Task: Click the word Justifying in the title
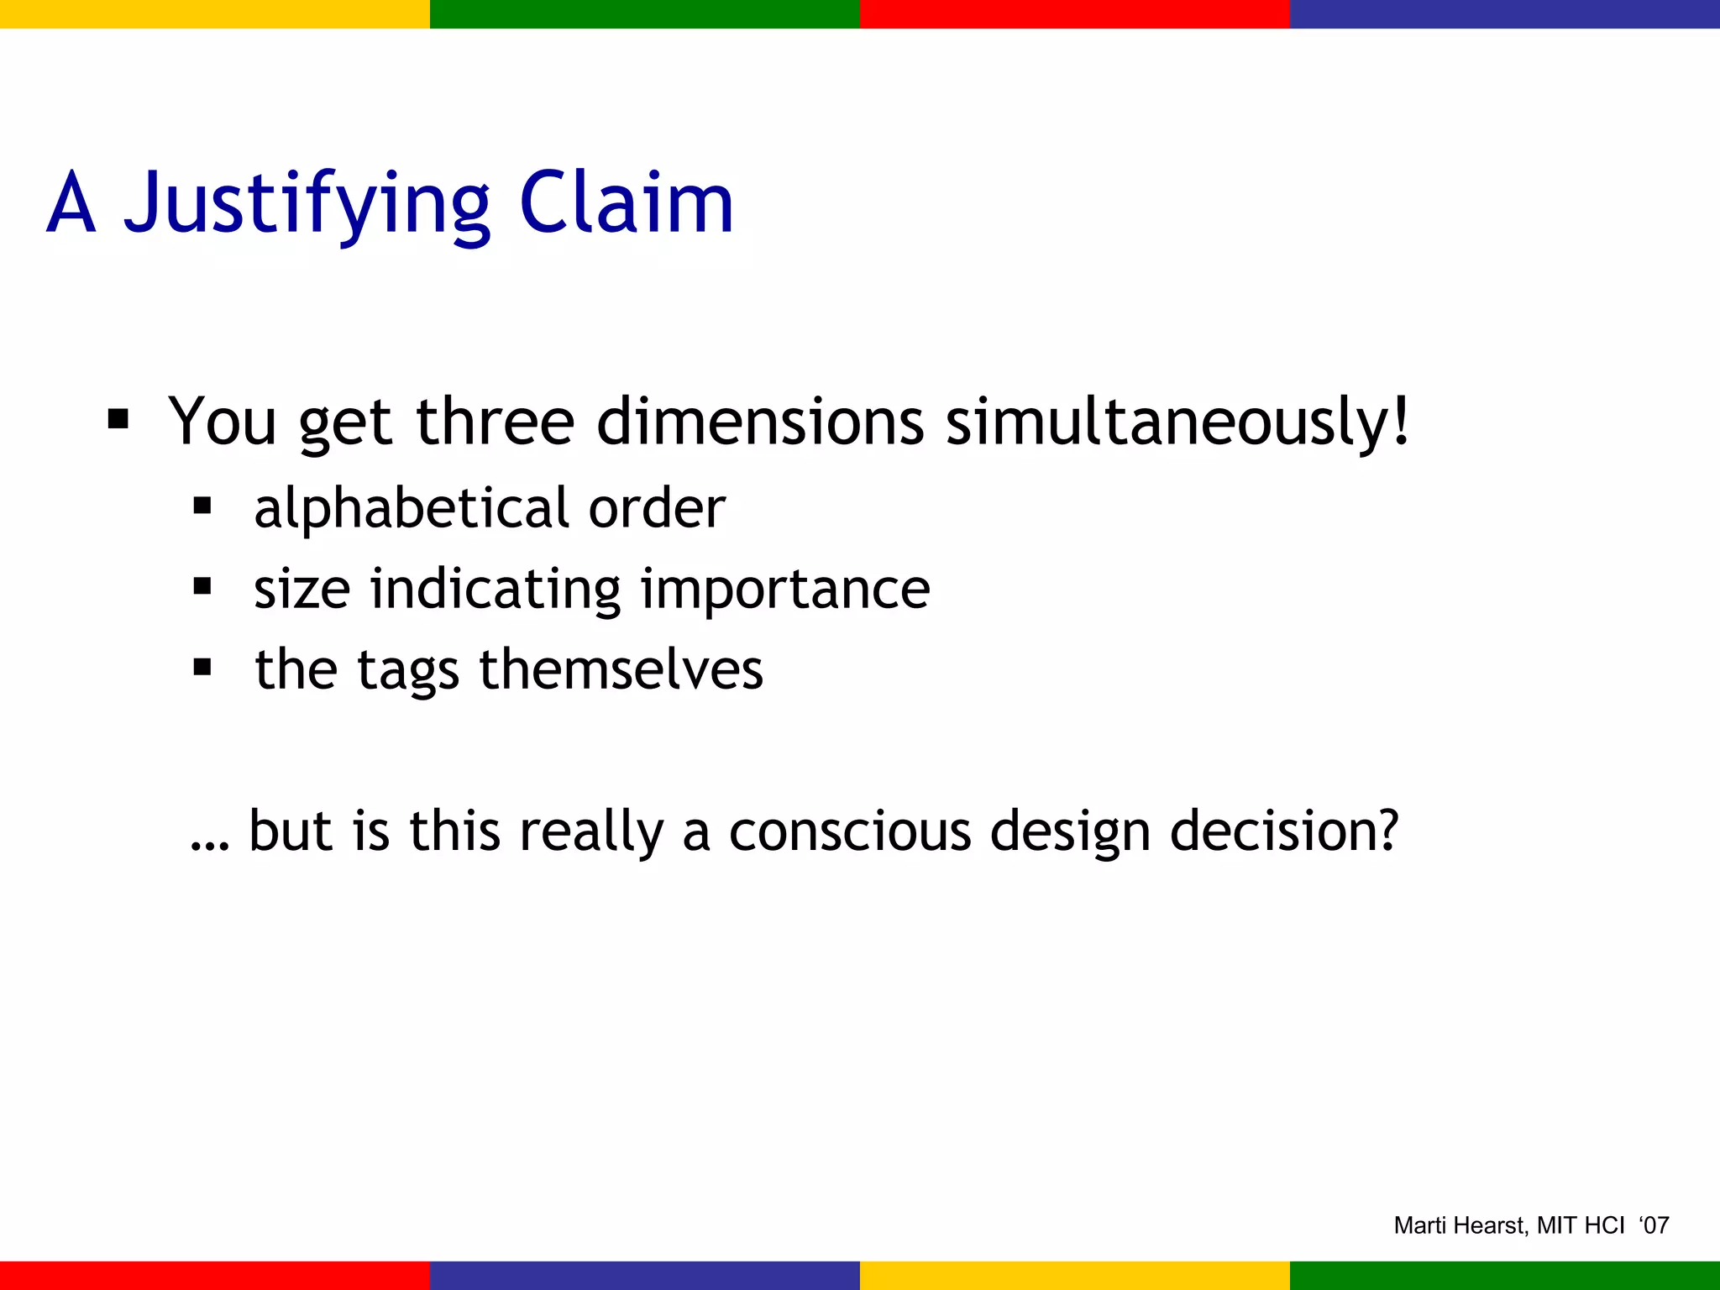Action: (307, 203)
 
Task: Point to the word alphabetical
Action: (412, 509)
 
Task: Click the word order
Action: (657, 509)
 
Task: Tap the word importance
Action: (785, 589)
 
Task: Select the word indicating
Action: (496, 589)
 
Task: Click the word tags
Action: (408, 671)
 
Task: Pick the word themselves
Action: (621, 669)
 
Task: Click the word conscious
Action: (850, 831)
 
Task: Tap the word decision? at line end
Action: (1284, 831)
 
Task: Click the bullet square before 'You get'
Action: (118, 418)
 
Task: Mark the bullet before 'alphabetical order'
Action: (202, 506)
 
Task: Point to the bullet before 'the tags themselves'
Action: (202, 668)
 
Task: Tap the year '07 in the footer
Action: (1654, 1225)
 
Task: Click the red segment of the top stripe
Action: (1074, 13)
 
